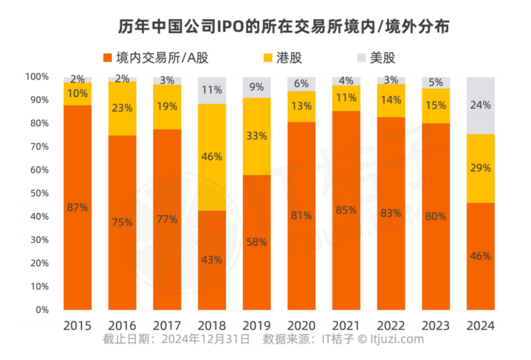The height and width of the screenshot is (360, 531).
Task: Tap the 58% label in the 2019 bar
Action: pos(256,242)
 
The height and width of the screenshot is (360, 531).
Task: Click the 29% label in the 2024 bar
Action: pos(481,168)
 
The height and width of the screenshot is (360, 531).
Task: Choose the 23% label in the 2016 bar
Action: pos(122,108)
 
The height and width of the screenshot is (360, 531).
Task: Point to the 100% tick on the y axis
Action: pos(35,77)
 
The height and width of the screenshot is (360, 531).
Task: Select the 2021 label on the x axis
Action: pos(346,325)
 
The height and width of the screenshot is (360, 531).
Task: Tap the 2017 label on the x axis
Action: pos(167,325)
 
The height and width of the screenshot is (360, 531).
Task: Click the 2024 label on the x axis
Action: pos(481,325)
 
